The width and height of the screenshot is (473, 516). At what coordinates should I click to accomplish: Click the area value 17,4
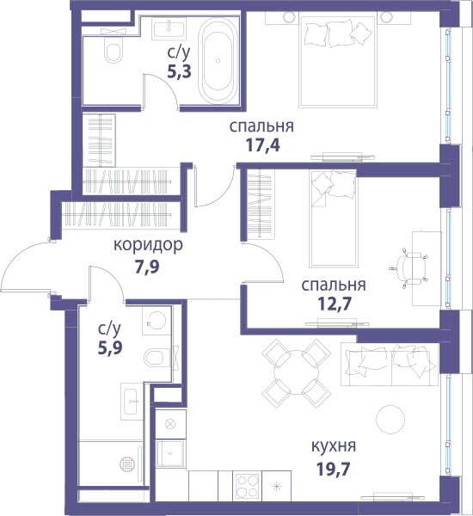pos(263,145)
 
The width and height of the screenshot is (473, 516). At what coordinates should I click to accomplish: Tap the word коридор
pos(148,245)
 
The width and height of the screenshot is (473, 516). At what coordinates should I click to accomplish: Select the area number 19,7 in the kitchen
pos(333,469)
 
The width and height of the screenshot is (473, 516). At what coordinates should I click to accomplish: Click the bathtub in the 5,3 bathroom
pos(218,61)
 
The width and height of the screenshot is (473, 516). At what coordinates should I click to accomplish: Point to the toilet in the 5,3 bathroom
pos(113,50)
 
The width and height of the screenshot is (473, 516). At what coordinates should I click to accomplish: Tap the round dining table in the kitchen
pos(297,372)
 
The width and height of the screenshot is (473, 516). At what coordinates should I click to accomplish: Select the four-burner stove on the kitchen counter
pos(248,486)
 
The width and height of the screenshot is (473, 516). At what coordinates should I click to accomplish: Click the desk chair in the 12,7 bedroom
pos(409,267)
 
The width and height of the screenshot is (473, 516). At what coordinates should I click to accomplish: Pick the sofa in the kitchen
pos(390,365)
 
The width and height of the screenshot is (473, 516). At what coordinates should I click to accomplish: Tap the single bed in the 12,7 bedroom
pos(333,218)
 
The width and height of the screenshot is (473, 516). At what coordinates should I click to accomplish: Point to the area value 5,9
pos(110,347)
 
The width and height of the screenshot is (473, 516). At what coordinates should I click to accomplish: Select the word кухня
pos(334,446)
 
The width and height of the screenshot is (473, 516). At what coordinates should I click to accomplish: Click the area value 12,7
pos(334,304)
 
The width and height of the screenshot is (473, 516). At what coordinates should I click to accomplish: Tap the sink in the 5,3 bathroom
pos(169,28)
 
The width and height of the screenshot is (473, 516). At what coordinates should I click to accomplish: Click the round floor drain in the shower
pos(127,464)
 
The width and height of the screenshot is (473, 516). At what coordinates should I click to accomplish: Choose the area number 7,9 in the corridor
pos(147,267)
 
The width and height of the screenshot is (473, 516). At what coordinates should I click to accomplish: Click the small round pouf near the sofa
pos(390,419)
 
